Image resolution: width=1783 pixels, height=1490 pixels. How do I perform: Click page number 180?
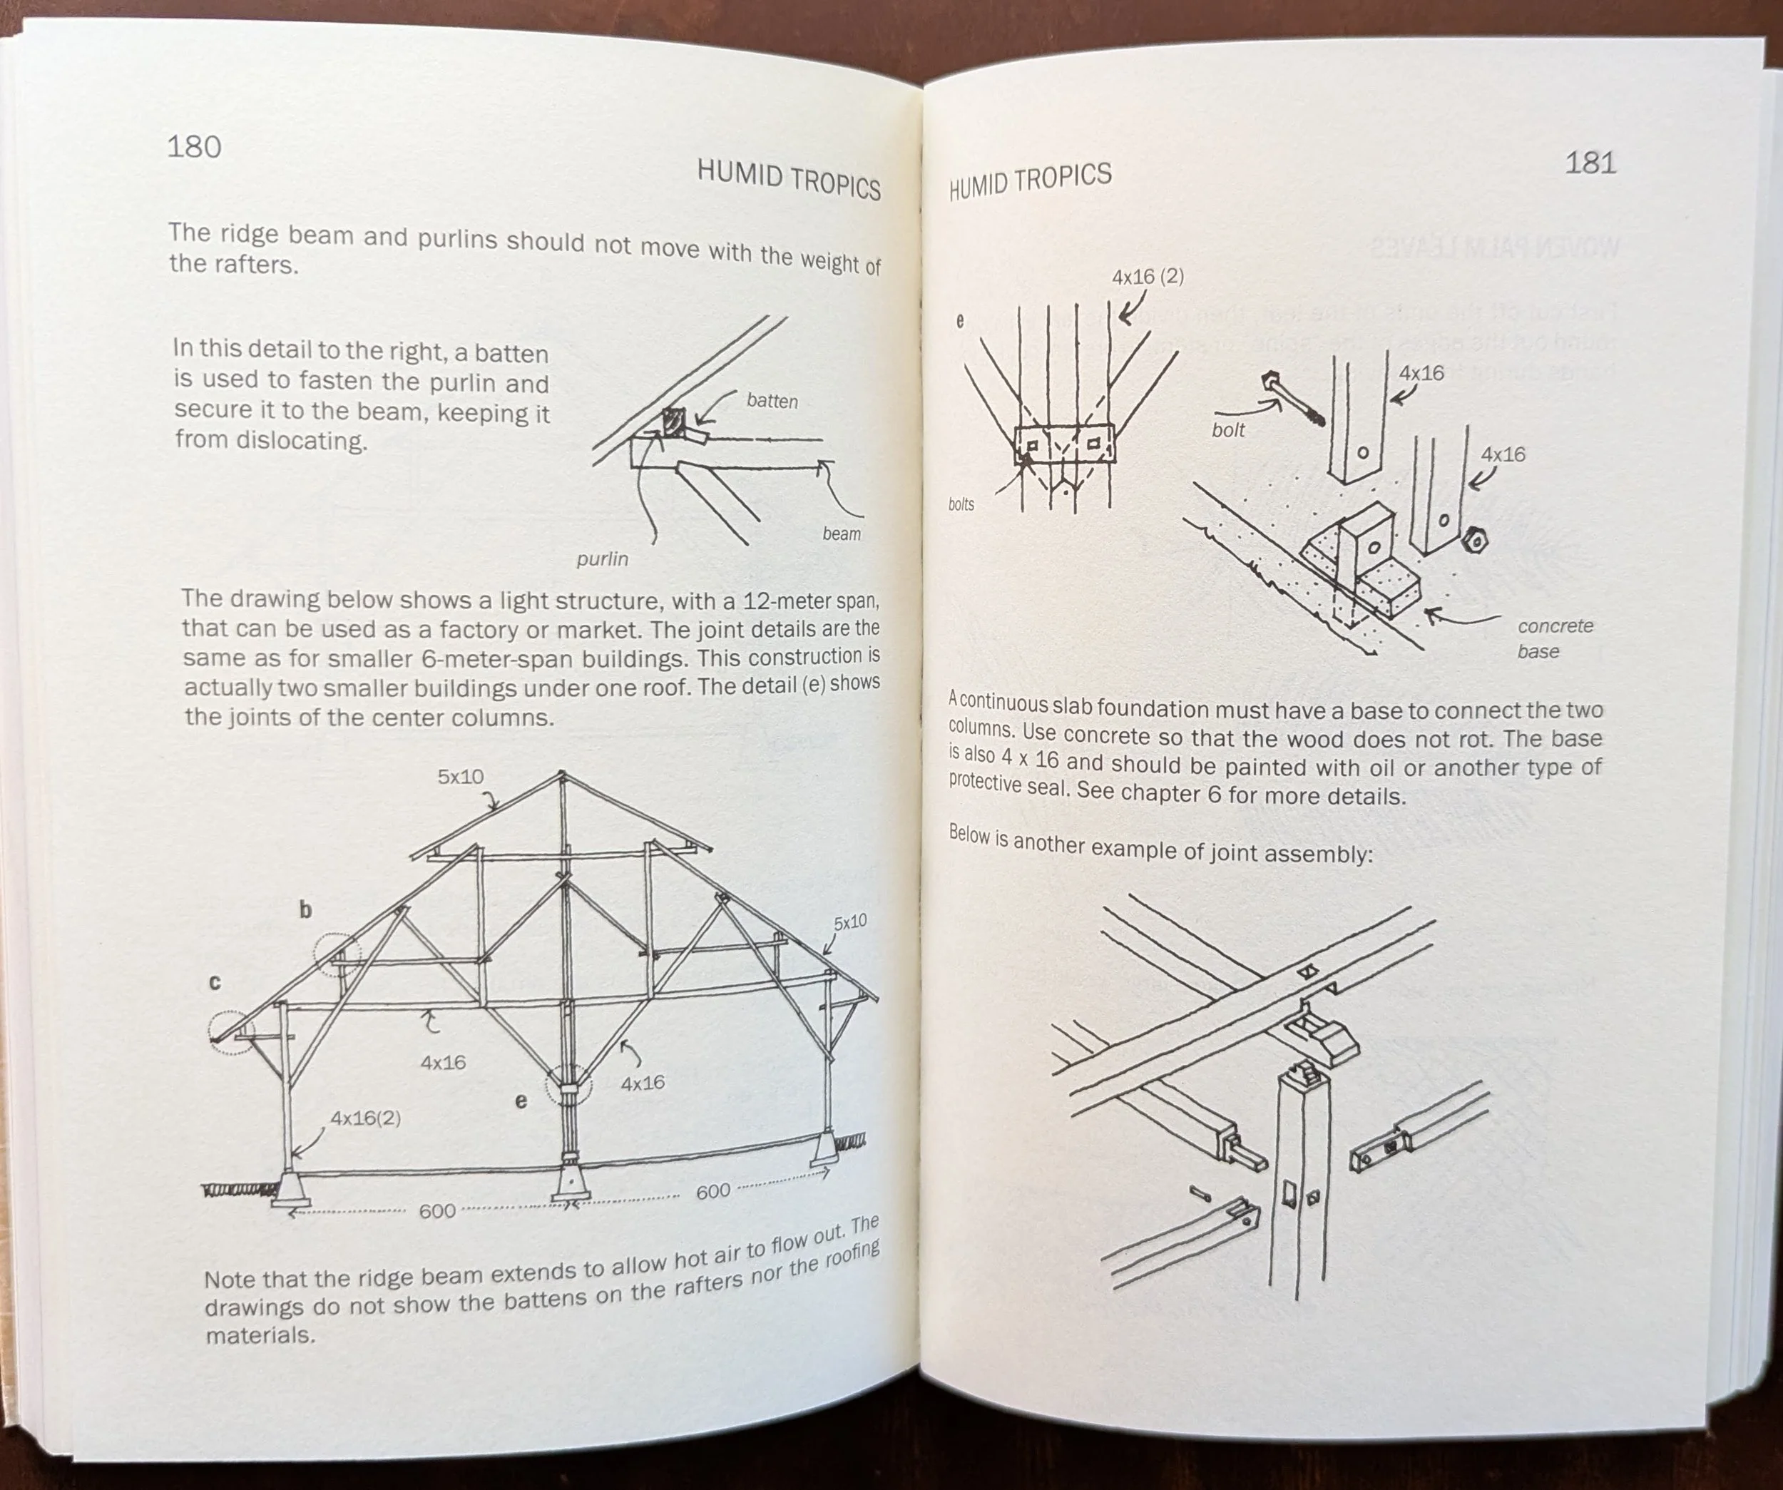pyautogui.click(x=193, y=147)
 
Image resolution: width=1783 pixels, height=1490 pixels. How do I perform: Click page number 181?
pyautogui.click(x=1590, y=162)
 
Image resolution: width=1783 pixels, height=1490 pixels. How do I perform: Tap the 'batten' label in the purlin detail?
pyautogui.click(x=772, y=401)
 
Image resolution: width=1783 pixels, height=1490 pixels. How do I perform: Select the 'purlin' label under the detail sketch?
pyautogui.click(x=602, y=558)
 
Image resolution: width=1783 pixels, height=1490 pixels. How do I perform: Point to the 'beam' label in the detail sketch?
pyautogui.click(x=842, y=534)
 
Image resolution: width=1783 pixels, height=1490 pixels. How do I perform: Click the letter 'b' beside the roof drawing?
pyautogui.click(x=306, y=910)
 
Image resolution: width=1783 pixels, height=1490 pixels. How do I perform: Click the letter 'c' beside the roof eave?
pyautogui.click(x=215, y=982)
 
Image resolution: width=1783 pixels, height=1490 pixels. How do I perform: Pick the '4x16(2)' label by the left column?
pyautogui.click(x=365, y=1118)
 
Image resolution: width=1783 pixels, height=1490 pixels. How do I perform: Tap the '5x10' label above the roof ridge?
pyautogui.click(x=460, y=776)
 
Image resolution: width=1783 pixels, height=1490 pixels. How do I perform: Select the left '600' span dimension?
pyautogui.click(x=437, y=1210)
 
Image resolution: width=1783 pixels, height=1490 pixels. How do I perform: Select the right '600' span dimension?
pyautogui.click(x=713, y=1191)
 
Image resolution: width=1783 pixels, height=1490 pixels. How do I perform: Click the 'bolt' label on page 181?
pyautogui.click(x=1227, y=429)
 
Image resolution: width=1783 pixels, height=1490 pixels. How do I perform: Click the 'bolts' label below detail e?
pyautogui.click(x=961, y=504)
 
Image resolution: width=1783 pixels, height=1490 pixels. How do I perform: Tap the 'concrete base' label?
pyautogui.click(x=1555, y=638)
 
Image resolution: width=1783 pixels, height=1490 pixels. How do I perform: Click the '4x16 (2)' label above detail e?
pyautogui.click(x=1148, y=277)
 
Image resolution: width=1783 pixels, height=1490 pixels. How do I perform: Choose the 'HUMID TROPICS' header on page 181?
pyautogui.click(x=1030, y=181)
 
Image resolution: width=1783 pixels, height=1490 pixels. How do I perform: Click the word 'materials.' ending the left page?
pyautogui.click(x=260, y=1335)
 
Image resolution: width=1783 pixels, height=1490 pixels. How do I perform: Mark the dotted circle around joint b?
pyautogui.click(x=337, y=955)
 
